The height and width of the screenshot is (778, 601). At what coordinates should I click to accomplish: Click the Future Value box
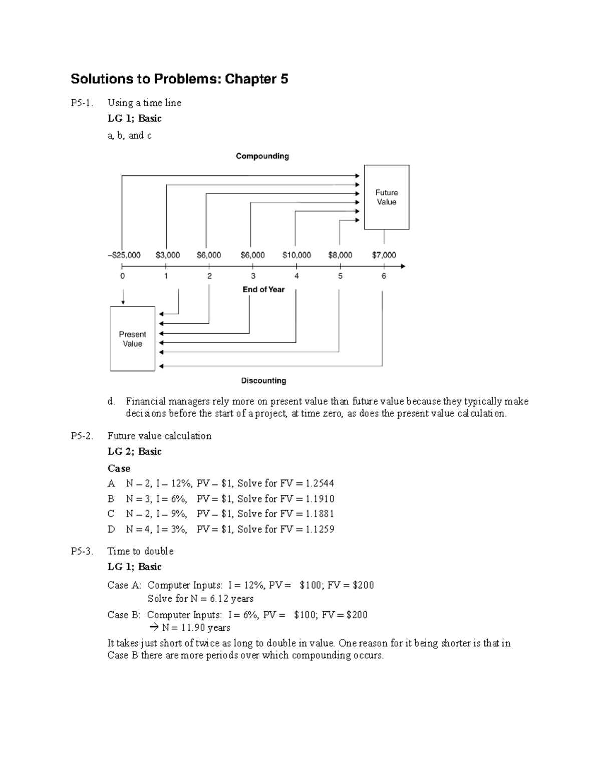(x=386, y=197)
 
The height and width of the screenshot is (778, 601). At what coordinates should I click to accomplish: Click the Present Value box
(x=132, y=339)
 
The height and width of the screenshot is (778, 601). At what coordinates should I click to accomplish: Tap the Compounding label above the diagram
(x=262, y=156)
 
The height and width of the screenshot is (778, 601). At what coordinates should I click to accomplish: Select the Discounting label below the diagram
(x=263, y=381)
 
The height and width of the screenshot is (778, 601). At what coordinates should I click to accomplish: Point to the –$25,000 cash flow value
(x=124, y=255)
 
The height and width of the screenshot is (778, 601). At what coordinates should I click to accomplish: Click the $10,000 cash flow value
(x=296, y=255)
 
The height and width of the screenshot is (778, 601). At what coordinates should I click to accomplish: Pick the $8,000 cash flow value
(x=340, y=255)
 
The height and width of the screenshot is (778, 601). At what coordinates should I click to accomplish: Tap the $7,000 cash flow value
(x=384, y=255)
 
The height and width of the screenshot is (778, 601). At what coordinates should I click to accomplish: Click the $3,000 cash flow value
(x=168, y=255)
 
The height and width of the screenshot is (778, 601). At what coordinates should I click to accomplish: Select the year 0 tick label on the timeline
(x=123, y=276)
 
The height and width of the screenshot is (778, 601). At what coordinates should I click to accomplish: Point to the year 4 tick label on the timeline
(x=297, y=276)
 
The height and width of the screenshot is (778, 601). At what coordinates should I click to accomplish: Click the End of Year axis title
(x=263, y=290)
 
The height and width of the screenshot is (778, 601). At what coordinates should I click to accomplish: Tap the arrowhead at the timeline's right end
(x=402, y=267)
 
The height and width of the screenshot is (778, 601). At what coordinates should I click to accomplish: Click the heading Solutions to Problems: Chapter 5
(x=179, y=79)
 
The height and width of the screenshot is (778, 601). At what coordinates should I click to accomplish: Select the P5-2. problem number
(x=82, y=436)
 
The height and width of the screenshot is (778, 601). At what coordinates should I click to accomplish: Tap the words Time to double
(x=141, y=552)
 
